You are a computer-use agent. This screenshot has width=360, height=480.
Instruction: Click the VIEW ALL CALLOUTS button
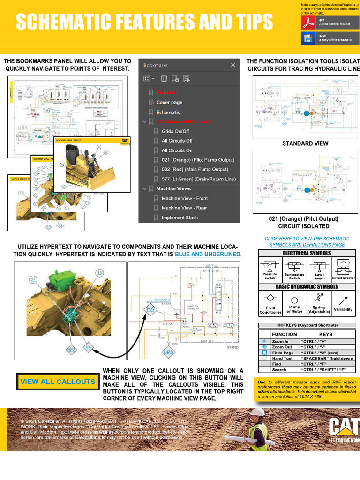click(58, 382)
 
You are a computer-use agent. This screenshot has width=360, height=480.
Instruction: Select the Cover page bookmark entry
click(169, 103)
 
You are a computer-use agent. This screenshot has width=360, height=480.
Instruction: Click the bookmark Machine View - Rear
click(184, 208)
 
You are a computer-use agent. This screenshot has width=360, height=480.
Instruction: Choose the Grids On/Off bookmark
click(175, 132)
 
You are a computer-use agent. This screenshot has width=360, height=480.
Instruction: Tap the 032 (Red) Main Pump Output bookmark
click(195, 170)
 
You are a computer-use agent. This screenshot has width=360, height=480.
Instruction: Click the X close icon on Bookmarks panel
click(233, 66)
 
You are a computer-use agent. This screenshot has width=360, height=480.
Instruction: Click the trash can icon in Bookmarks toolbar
click(164, 79)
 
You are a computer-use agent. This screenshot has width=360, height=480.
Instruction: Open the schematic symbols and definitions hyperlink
click(307, 241)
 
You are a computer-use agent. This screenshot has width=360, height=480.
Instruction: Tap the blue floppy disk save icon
click(308, 38)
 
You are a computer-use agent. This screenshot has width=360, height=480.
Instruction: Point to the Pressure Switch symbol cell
click(270, 270)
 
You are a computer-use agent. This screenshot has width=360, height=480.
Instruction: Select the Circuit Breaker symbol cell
click(343, 270)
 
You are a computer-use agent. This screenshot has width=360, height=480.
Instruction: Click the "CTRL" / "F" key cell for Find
click(325, 364)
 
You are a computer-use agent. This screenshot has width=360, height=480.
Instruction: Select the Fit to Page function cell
click(282, 352)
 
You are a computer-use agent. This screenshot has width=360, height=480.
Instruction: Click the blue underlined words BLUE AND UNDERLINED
click(208, 254)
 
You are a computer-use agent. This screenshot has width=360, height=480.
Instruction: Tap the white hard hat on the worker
click(257, 412)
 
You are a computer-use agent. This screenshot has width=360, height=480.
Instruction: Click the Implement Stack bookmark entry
click(180, 218)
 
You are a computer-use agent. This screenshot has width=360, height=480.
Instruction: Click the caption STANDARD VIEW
click(305, 143)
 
